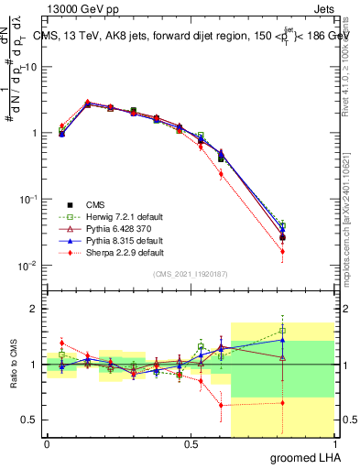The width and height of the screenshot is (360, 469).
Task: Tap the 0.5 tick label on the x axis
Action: [x=191, y=444]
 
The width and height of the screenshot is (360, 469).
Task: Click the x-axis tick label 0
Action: [x=48, y=444]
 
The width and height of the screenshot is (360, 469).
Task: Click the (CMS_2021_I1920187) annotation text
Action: [x=191, y=274]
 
